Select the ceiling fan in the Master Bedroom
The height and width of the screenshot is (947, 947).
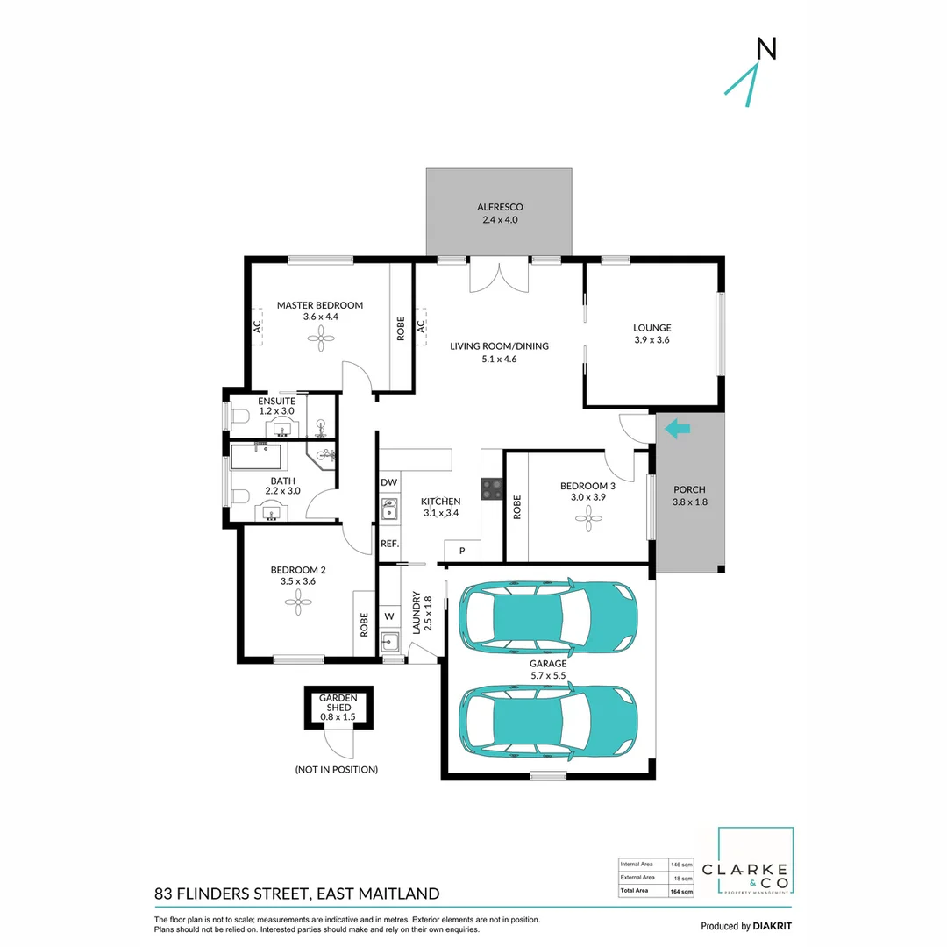tap(320, 338)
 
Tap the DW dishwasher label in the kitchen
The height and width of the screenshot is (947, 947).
tap(389, 483)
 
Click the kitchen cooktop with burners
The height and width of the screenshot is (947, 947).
tap(491, 488)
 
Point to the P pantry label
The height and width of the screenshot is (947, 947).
tap(462, 552)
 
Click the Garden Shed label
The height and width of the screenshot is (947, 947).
tap(338, 708)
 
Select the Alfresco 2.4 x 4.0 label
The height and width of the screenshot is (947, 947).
tap(499, 213)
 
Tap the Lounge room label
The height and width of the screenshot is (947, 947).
tap(652, 334)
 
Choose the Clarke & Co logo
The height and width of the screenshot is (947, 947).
tap(756, 863)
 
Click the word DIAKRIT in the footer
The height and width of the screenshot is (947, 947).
tap(774, 926)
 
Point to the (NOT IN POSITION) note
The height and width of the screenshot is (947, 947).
tap(337, 769)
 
